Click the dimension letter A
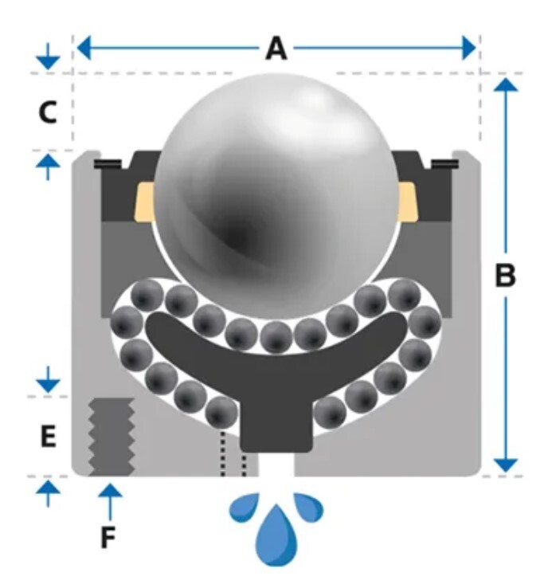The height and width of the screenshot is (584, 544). pyautogui.click(x=276, y=49)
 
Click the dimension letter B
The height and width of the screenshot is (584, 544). pyautogui.click(x=506, y=276)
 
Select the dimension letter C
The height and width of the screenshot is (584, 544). pyautogui.click(x=48, y=113)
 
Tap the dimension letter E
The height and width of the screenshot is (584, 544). pyautogui.click(x=48, y=437)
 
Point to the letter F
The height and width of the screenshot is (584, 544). pyautogui.click(x=108, y=539)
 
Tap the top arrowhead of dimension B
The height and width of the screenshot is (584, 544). pyautogui.click(x=506, y=84)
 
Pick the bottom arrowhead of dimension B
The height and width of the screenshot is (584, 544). pyautogui.click(x=506, y=466)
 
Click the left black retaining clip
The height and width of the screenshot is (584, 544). pyautogui.click(x=106, y=164)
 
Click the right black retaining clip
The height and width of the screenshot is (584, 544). pyautogui.click(x=444, y=164)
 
